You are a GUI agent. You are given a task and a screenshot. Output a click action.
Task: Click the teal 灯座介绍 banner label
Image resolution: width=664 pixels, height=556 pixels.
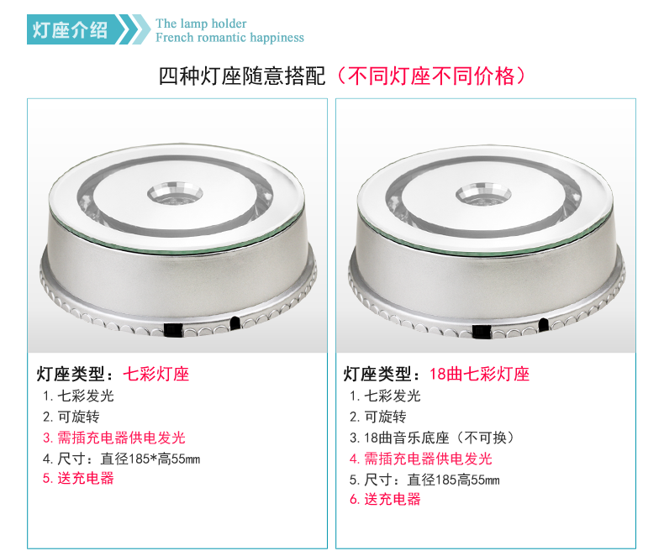pyautogui.click(x=71, y=29)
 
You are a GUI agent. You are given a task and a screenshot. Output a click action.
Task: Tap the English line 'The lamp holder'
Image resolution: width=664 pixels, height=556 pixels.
pyautogui.click(x=201, y=24)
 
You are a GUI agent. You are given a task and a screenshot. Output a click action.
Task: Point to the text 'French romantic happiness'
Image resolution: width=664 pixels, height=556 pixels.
pyautogui.click(x=229, y=38)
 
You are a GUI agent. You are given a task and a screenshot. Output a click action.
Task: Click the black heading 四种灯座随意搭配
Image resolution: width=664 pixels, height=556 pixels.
pyautogui.click(x=242, y=76)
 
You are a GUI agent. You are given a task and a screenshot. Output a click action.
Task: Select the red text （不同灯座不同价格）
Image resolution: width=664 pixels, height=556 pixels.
pyautogui.click(x=430, y=76)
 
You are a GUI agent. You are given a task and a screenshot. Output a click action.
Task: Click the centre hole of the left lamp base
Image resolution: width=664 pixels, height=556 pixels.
pyautogui.click(x=175, y=194)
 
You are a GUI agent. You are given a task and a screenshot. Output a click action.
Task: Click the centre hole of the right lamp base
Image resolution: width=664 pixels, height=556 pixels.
pyautogui.click(x=483, y=195)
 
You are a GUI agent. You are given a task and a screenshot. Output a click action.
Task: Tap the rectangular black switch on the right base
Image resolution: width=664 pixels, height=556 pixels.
pyautogui.click(x=480, y=331)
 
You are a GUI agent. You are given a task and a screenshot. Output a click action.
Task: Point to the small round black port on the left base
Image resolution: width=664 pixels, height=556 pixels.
pyautogui.click(x=235, y=323)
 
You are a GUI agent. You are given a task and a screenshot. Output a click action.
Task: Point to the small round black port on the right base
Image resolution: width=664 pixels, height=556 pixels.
pyautogui.click(x=543, y=324)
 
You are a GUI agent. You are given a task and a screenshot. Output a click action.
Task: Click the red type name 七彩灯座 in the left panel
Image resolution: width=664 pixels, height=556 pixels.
pyautogui.click(x=155, y=374)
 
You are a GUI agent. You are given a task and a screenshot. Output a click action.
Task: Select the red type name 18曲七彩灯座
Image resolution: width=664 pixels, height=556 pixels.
pyautogui.click(x=479, y=374)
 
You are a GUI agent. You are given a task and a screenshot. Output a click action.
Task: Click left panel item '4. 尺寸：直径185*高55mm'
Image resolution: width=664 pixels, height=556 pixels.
pyautogui.click(x=121, y=459)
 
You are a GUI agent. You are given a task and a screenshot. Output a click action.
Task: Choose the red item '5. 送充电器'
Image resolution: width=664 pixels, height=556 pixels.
pyautogui.click(x=78, y=479)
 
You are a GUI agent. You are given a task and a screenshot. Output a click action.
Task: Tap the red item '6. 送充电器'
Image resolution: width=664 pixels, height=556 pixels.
pyautogui.click(x=385, y=499)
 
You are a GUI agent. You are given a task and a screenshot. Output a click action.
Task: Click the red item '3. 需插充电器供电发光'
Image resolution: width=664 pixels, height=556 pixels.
pyautogui.click(x=114, y=438)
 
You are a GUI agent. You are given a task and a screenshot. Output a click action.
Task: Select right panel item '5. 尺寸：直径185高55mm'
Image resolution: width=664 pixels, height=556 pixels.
pyautogui.click(x=424, y=480)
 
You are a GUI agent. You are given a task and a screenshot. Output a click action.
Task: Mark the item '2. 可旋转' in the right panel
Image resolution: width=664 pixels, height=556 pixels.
pyautogui.click(x=377, y=417)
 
